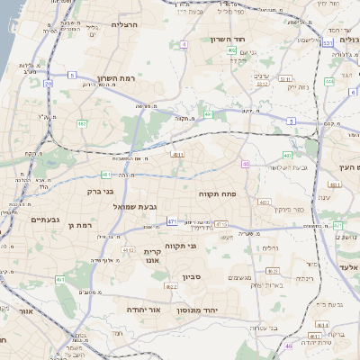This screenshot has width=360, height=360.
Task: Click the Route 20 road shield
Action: [49, 84]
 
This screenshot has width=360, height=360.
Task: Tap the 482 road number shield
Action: [83, 123]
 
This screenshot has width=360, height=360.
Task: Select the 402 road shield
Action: [231, 51]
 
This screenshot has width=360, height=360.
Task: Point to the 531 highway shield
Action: [328, 42]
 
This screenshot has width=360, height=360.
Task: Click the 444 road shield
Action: [330, 81]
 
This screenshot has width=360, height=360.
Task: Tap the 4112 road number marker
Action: [128, 250]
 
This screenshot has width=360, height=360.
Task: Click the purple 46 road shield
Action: [288, 346]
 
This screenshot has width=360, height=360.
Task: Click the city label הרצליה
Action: [123, 24]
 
